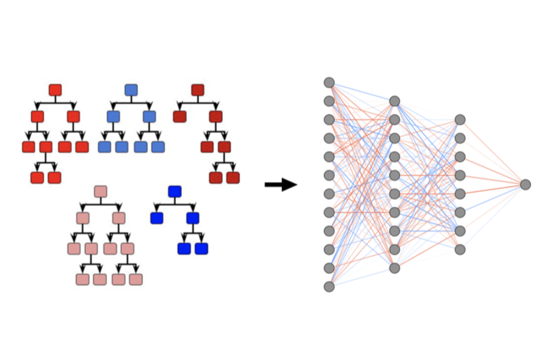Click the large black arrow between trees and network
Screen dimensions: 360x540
pyautogui.click(x=281, y=185)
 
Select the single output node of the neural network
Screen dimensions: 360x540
pyautogui.click(x=526, y=185)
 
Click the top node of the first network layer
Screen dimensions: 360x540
pyautogui.click(x=329, y=82)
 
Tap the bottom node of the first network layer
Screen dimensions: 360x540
pyautogui.click(x=329, y=287)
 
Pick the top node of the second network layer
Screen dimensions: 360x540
pyautogui.click(x=394, y=101)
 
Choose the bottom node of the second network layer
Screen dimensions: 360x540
pyautogui.click(x=394, y=268)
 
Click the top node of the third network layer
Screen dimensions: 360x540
pyautogui.click(x=460, y=120)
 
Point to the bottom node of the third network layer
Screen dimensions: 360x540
pyautogui.click(x=460, y=249)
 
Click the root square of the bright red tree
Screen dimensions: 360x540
pyautogui.click(x=55, y=90)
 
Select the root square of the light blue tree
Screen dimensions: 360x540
pyautogui.click(x=131, y=90)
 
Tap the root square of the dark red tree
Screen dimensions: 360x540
pyautogui.click(x=198, y=90)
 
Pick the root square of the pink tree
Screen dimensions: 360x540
pyautogui.click(x=101, y=191)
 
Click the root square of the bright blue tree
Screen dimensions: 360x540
pyautogui.click(x=175, y=191)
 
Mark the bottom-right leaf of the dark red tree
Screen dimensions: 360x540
pyautogui.click(x=233, y=178)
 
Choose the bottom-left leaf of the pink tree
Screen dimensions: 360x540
pyautogui.click(x=83, y=279)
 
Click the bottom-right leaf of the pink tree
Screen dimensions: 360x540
pyautogui.click(x=136, y=279)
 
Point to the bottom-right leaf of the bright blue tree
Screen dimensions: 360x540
pyautogui.click(x=201, y=248)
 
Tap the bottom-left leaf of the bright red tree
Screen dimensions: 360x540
pyautogui.click(x=37, y=178)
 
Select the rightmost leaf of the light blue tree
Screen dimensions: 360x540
pyautogui.click(x=158, y=147)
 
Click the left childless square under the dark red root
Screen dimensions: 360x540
pyautogui.click(x=179, y=116)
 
